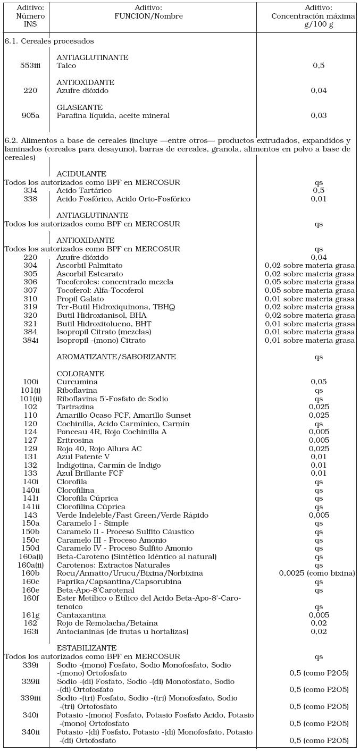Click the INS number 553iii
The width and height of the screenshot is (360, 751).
[x=30, y=66]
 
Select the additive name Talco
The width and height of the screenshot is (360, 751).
[x=66, y=66]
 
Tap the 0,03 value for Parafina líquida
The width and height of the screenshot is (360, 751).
[x=319, y=115]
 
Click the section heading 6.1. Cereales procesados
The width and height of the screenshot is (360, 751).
[x=49, y=41]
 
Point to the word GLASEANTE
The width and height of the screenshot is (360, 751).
[x=80, y=107]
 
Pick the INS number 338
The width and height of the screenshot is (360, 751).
[x=30, y=199]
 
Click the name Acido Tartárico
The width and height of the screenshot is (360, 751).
[x=84, y=191]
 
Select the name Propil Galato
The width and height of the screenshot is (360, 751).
[x=80, y=299]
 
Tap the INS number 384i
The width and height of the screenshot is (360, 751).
[x=30, y=340]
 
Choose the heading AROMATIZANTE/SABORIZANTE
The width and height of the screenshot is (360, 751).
[x=116, y=357]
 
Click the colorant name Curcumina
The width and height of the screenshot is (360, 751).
[x=77, y=382]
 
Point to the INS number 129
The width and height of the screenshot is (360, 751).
[x=30, y=449]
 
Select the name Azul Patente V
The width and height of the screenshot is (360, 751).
[x=83, y=457]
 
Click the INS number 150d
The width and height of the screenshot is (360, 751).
[x=30, y=549]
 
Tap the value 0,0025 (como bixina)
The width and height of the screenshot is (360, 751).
[x=317, y=573]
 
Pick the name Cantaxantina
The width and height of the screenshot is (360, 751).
[x=81, y=615]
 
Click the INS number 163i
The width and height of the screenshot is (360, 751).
[x=30, y=632]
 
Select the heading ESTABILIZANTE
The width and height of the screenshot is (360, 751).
[x=86, y=648]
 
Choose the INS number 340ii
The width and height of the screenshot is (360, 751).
[x=30, y=732]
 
